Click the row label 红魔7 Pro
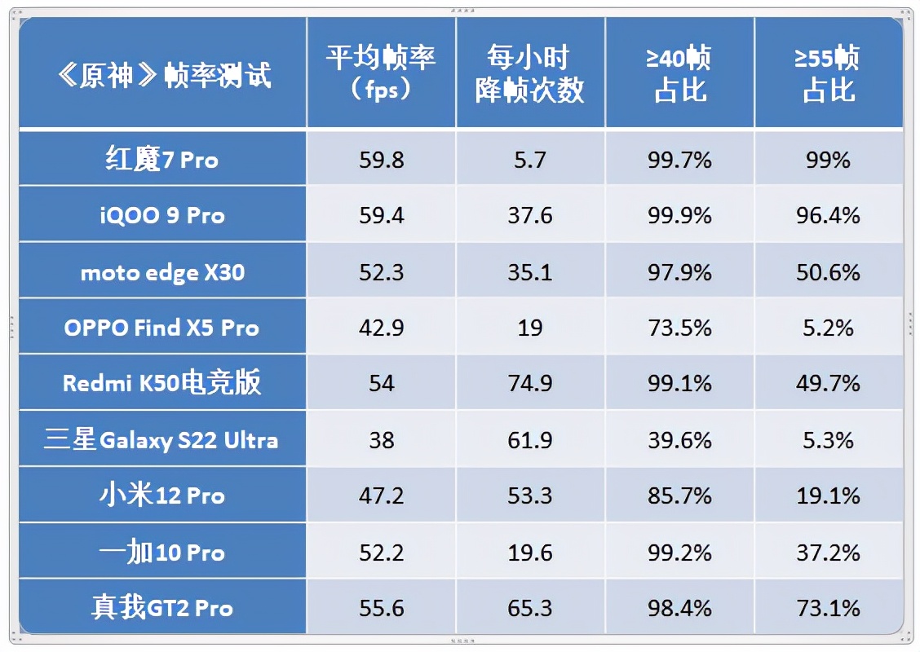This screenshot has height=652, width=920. [162, 159]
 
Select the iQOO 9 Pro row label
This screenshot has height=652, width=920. [162, 215]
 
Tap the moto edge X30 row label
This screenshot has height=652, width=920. [162, 271]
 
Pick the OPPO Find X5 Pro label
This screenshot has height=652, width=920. [162, 328]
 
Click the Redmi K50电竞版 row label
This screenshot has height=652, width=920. [162, 383]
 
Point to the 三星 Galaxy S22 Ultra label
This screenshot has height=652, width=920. [162, 440]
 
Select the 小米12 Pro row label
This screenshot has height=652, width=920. [162, 496]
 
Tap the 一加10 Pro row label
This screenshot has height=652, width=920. [162, 552]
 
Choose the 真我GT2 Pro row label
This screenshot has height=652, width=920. [162, 608]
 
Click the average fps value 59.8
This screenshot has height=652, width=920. [381, 159]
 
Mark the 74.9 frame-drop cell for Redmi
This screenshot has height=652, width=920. [530, 383]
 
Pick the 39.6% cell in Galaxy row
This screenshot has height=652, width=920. [679, 440]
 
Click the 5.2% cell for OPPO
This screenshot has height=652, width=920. [829, 328]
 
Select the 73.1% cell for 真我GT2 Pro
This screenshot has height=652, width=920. [829, 608]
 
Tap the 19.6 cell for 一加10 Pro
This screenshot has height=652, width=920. [530, 552]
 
